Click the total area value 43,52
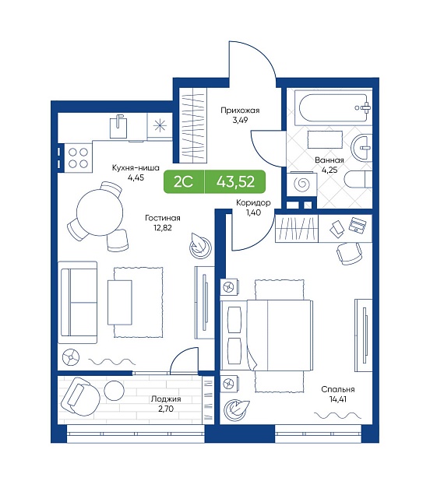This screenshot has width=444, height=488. (x=235, y=182)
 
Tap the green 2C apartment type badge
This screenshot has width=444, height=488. (x=184, y=182)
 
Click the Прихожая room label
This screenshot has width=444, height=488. (x=240, y=111)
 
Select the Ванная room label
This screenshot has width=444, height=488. (x=329, y=160)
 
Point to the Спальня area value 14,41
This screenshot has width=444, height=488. (x=338, y=399)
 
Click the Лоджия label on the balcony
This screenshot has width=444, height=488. (x=166, y=399)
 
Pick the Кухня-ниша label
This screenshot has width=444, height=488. (x=136, y=168)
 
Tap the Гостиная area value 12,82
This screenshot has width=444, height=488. (x=162, y=227)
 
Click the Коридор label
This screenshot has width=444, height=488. (x=253, y=203)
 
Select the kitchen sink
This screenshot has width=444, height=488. (x=118, y=126)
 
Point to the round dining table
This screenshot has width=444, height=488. (x=100, y=212)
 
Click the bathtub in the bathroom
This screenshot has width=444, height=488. (x=333, y=108)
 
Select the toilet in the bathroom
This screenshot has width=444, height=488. (x=358, y=179)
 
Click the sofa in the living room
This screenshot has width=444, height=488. (x=78, y=302)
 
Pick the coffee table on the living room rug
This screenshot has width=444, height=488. (x=120, y=303)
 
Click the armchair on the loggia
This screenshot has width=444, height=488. (x=79, y=396)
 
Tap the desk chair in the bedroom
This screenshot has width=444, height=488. (x=350, y=253)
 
